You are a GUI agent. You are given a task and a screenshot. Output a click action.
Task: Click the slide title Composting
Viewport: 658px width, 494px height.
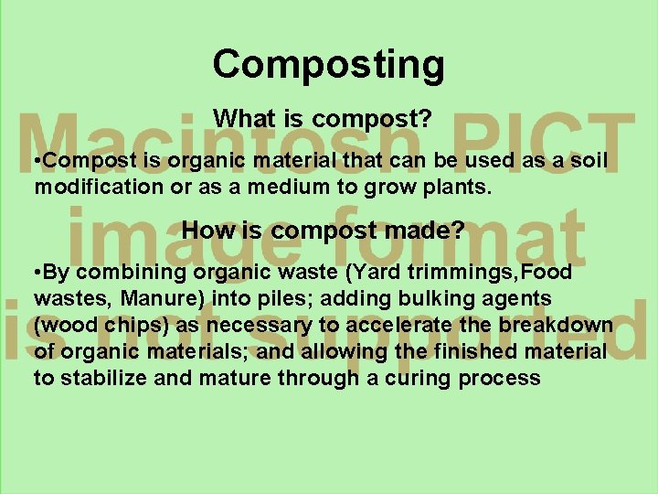pos(329,65)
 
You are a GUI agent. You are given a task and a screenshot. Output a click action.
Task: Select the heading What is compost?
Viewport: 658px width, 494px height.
pos(322,119)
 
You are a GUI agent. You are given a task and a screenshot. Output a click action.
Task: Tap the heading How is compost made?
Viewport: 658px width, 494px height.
pos(323,231)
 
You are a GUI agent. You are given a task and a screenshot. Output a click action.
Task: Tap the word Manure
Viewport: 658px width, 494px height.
pos(148,299)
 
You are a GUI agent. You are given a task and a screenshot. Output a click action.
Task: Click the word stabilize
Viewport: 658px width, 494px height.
pos(103,378)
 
